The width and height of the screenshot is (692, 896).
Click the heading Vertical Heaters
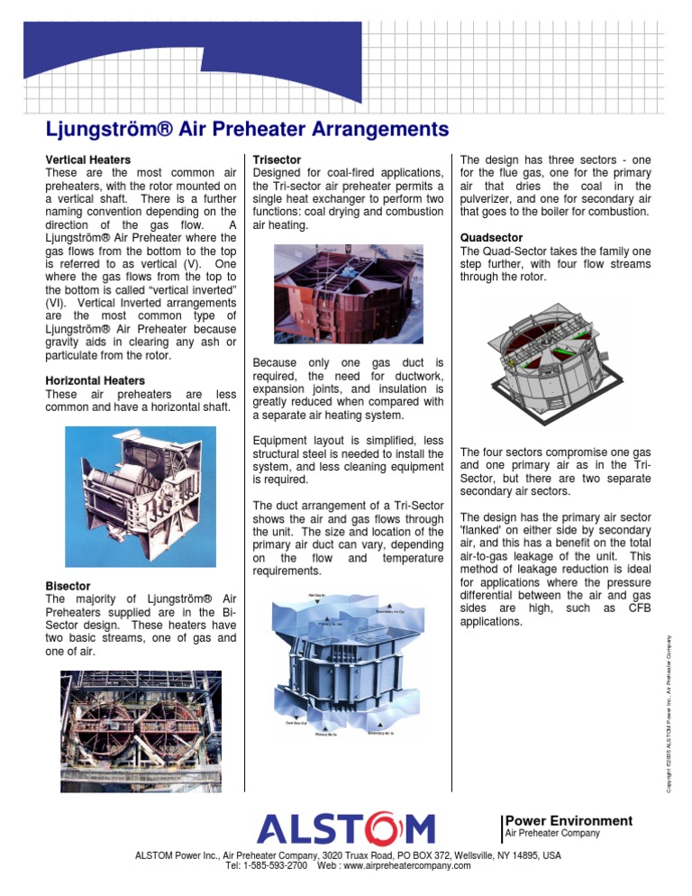pos(87,160)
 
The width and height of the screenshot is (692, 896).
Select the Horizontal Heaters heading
pos(95,381)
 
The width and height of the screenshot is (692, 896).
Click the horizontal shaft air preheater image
pos(141,499)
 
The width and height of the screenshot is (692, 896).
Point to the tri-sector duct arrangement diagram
pos(346,668)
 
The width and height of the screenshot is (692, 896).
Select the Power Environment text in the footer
pos(569,820)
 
